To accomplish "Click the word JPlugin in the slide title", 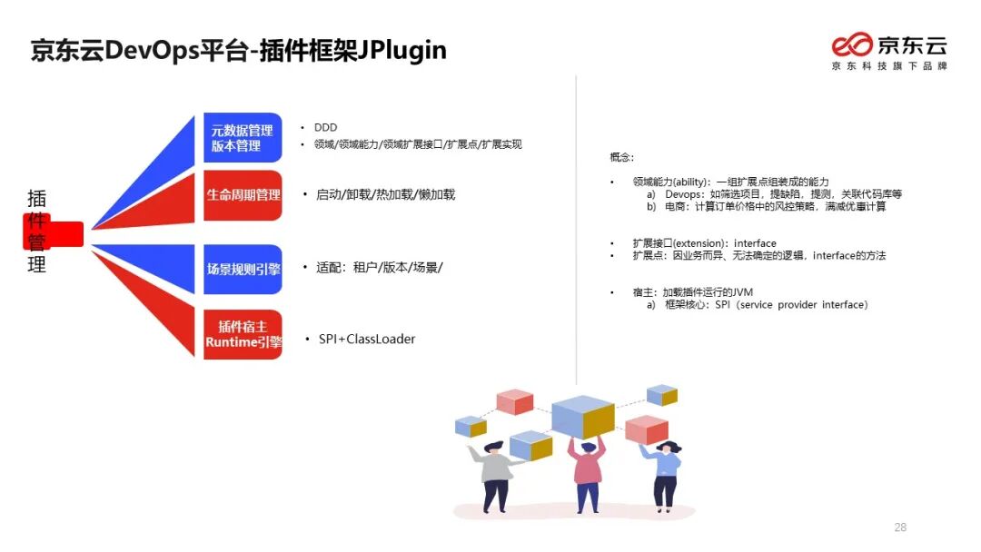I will (x=397, y=49).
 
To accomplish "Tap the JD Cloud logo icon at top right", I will (x=852, y=44).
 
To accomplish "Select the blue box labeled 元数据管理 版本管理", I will (x=243, y=138).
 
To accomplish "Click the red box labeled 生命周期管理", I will (x=243, y=194).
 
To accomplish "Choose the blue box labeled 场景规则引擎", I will (x=243, y=269).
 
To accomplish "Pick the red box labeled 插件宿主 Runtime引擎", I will (x=243, y=334).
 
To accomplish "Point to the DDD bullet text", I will (x=325, y=128).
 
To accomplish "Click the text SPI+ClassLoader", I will (x=366, y=339).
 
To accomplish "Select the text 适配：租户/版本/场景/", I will (x=379, y=268).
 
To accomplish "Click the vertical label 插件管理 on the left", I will (x=37, y=232).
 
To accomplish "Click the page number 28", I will (x=900, y=527).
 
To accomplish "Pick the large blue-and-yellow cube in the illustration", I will (x=583, y=417).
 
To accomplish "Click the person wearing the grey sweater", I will (x=496, y=474).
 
